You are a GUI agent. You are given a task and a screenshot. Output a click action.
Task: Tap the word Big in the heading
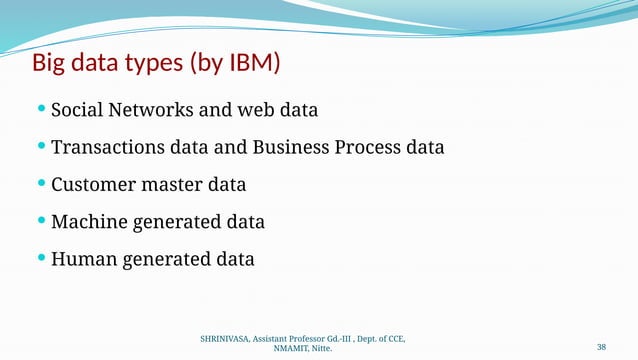(x=51, y=65)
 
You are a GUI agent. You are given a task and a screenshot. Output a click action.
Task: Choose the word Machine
(x=89, y=222)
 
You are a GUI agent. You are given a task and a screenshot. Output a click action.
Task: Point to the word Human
(x=83, y=259)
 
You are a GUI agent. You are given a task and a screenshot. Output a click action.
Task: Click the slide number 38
(x=601, y=347)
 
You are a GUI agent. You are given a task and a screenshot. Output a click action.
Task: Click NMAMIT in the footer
(x=289, y=351)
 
